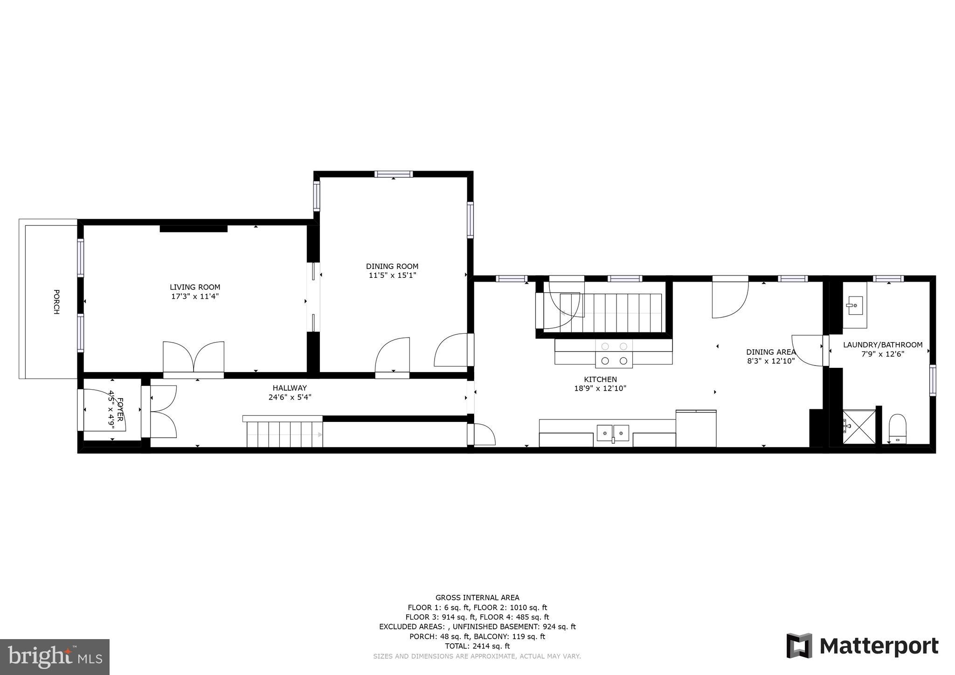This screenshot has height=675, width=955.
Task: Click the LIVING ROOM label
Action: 194,287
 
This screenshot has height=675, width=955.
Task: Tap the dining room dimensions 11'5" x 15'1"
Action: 392,276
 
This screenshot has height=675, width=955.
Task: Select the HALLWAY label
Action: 290,388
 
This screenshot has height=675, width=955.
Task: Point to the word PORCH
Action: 56,302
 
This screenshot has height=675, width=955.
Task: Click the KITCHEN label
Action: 600,379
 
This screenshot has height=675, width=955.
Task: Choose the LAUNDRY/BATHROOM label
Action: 883,345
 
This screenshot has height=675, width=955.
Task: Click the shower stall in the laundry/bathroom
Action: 858,427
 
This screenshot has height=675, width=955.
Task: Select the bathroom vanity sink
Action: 855,306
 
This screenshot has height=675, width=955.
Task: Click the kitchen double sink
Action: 613,433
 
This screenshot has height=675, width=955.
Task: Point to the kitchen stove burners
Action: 614,353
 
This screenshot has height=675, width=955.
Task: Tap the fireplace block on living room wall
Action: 194,228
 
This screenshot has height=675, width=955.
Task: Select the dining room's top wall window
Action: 393,174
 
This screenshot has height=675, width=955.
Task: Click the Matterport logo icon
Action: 799,646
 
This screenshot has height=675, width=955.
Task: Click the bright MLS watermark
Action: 55,657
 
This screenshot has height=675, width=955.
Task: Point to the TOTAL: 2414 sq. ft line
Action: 477,646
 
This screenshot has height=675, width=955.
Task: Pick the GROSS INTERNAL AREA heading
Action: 477,598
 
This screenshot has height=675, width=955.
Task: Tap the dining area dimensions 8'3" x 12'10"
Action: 770,361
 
